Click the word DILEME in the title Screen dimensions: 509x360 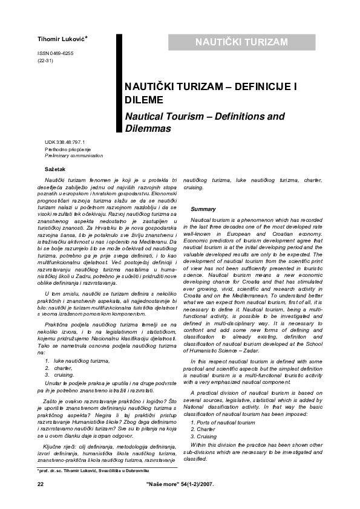143,100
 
